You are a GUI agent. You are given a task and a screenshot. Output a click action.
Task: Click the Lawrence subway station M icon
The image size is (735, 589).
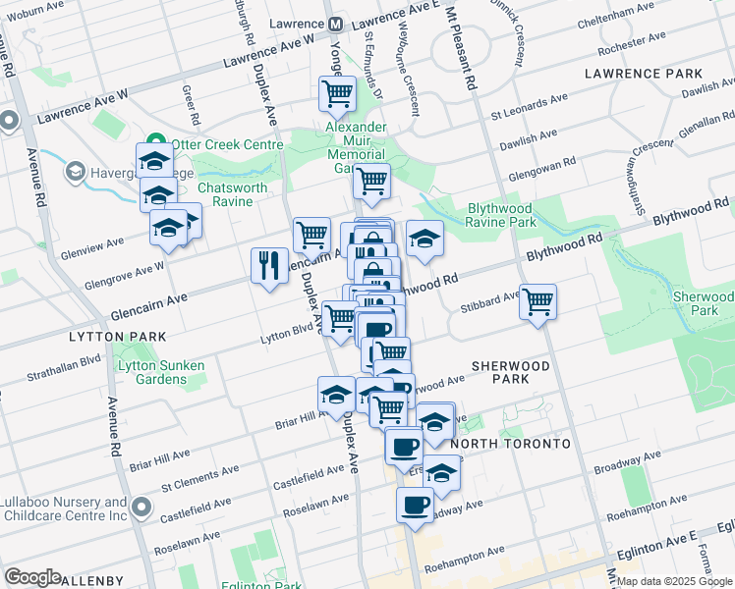tap(336, 24)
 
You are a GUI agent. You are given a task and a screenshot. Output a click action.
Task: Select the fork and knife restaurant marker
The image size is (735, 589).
tap(269, 265)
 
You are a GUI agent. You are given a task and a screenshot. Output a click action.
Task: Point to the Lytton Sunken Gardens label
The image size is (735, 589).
tap(161, 372)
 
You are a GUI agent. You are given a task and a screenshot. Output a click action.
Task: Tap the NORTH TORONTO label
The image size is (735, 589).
tap(511, 444)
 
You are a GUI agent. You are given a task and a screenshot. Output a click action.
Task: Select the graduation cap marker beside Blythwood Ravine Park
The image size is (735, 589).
tap(424, 239)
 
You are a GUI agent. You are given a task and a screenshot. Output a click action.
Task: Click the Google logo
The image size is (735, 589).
tap(33, 577)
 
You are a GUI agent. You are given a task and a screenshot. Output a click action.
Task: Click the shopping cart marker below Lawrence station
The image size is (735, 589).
tap(337, 94)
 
